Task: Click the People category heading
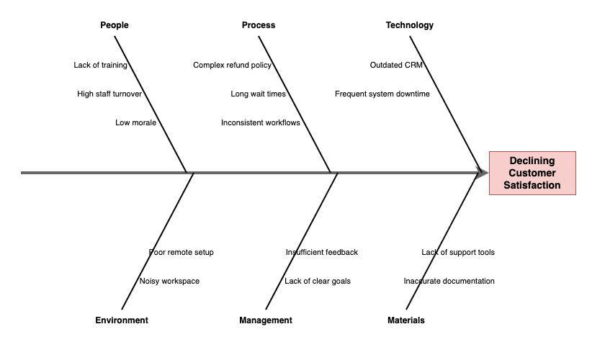tap(115, 25)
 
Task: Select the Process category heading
tap(259, 25)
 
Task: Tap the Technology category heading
tap(410, 25)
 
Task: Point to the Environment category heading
tap(122, 320)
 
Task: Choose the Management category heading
tap(266, 320)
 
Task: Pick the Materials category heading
tap(406, 320)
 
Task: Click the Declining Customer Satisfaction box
tap(533, 173)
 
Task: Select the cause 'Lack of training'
tap(100, 65)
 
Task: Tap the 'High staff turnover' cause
tap(109, 94)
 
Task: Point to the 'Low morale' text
tap(135, 122)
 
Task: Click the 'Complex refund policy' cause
tap(232, 65)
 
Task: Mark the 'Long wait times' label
tap(258, 94)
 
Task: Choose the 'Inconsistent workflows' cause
tap(261, 122)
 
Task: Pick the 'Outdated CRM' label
tap(396, 65)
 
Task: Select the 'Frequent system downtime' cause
tap(382, 94)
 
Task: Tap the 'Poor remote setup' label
tap(181, 252)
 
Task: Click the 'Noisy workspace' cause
tap(169, 281)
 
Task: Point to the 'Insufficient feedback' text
tap(322, 252)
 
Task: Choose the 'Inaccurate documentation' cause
tap(449, 281)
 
